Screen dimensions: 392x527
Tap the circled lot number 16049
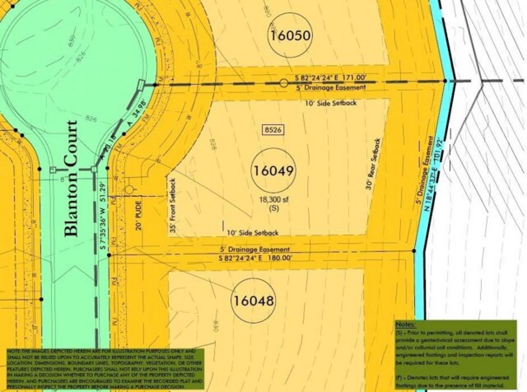(273, 171)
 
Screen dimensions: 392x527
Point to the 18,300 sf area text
(273, 200)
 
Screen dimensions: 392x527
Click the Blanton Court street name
(71, 179)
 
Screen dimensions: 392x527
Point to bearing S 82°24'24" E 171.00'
(331, 78)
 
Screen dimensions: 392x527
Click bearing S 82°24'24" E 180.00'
(255, 258)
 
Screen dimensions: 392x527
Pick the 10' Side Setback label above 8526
(330, 103)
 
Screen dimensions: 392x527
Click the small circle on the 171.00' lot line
(284, 83)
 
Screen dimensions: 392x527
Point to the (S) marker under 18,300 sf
(273, 209)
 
